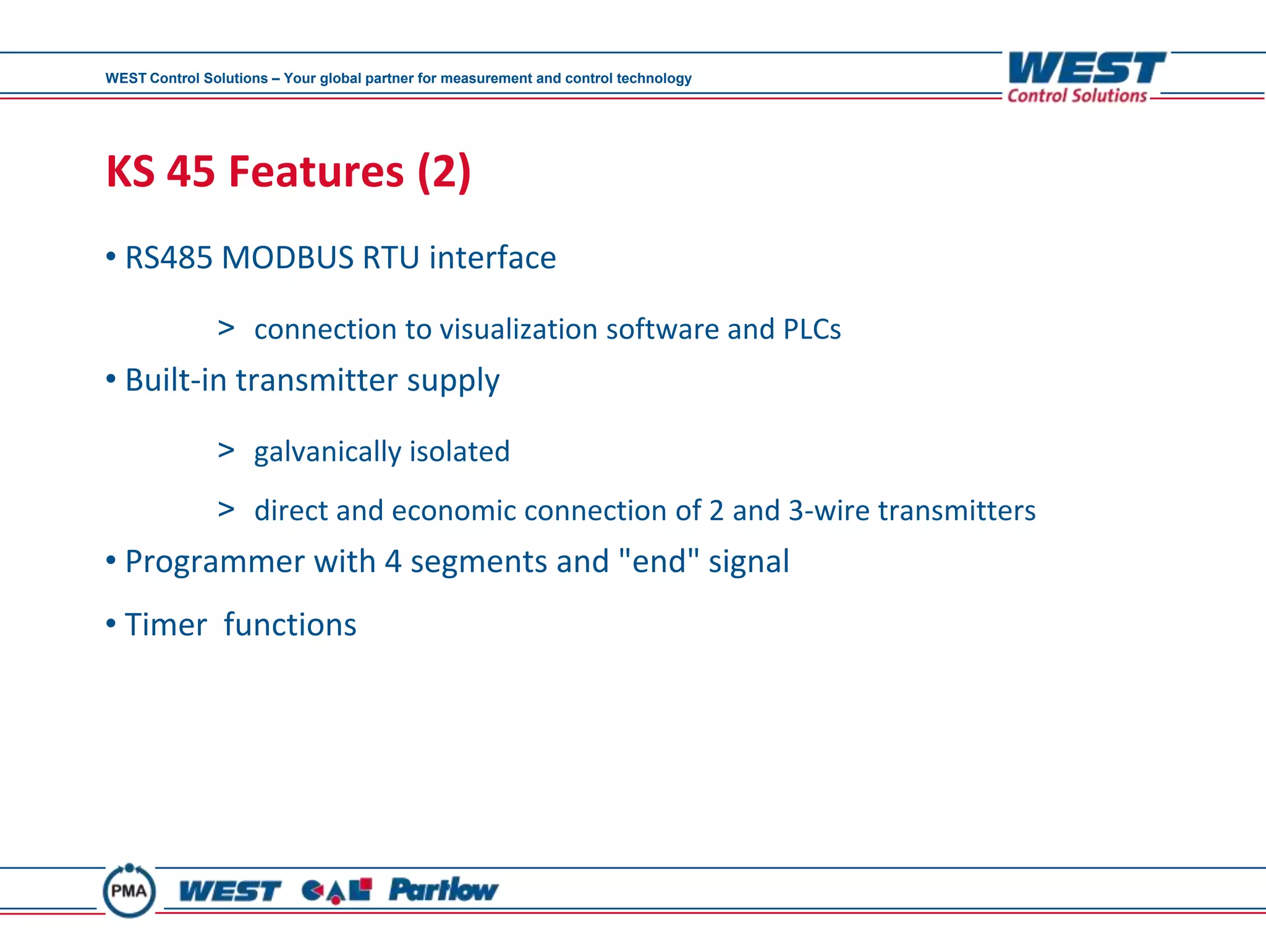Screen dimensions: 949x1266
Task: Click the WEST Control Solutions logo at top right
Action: coord(1085,77)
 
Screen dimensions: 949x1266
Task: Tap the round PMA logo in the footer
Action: coord(129,890)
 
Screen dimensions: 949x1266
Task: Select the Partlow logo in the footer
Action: coord(443,890)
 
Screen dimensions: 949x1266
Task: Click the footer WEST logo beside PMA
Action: coord(229,892)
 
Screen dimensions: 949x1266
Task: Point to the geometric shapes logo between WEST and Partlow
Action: coord(337,890)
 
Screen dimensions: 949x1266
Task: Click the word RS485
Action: coord(168,258)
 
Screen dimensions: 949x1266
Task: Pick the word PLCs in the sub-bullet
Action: coord(812,329)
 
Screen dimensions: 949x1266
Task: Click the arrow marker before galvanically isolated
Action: coord(226,450)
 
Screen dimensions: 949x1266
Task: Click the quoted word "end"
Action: coord(658,561)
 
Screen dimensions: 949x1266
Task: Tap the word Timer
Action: coord(166,625)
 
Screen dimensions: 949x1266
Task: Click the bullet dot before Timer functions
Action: coord(111,623)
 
